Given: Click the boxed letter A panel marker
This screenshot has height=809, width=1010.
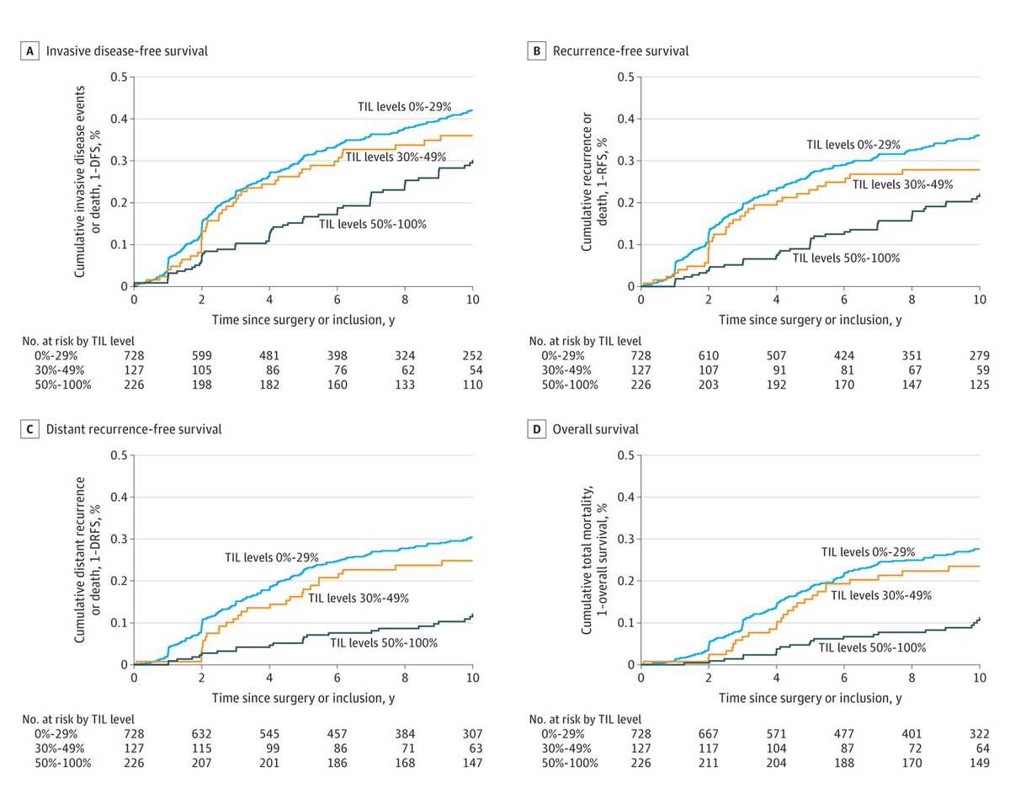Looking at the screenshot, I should pyautogui.click(x=32, y=51).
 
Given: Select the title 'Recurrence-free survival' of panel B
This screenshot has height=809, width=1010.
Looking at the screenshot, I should pyautogui.click(x=620, y=51).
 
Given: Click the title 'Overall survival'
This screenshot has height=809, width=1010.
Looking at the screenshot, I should pyautogui.click(x=595, y=429).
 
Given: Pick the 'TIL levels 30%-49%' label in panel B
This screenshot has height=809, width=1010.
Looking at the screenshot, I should pyautogui.click(x=902, y=184).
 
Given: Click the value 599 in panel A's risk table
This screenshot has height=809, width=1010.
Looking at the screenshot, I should pyautogui.click(x=201, y=356).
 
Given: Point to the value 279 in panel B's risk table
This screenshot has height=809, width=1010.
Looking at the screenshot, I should pyautogui.click(x=979, y=356).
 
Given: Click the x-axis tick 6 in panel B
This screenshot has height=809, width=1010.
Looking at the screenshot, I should pyautogui.click(x=843, y=299).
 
